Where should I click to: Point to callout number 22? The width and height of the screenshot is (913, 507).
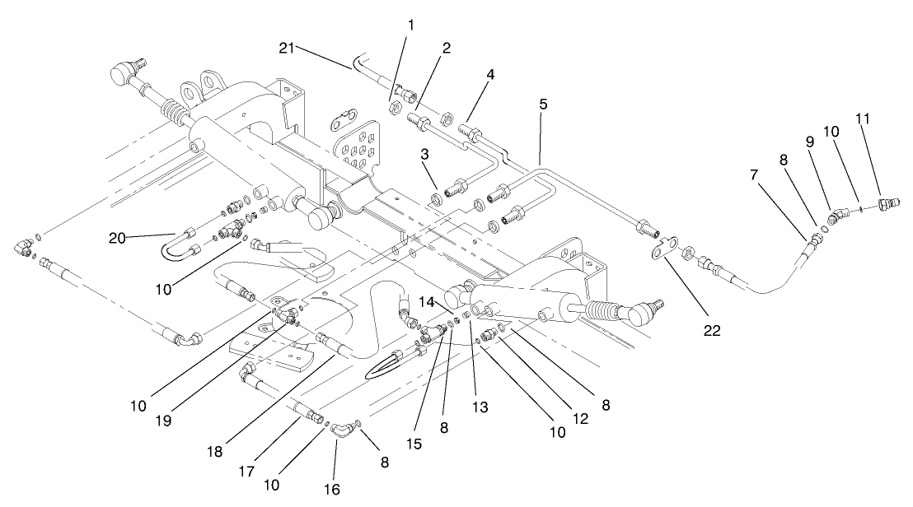click(711, 331)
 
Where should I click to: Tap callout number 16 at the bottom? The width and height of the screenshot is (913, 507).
click(333, 489)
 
